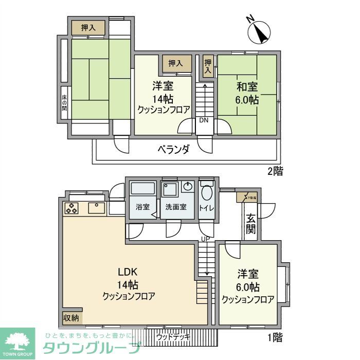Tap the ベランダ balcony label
(x=173, y=150)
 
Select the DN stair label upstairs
(x=204, y=120)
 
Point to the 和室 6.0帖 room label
(x=247, y=93)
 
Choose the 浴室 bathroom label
(x=142, y=207)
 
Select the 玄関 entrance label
(x=250, y=224)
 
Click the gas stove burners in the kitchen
(x=71, y=208)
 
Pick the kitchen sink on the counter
(x=96, y=208)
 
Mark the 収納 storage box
(x=71, y=318)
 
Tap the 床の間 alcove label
(x=65, y=101)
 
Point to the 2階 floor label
(x=274, y=171)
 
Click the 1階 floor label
(x=274, y=337)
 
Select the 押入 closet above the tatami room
(x=88, y=27)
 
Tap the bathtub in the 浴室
(x=142, y=189)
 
